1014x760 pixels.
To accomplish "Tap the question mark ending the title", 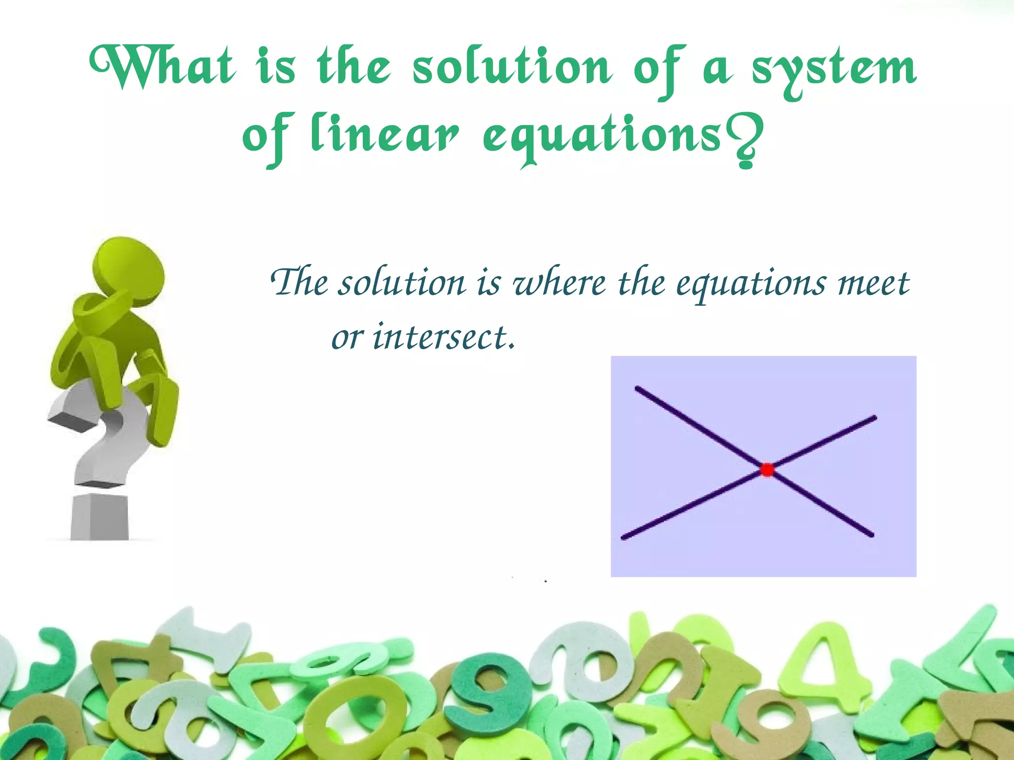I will click(745, 143).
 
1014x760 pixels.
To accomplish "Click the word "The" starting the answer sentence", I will click(300, 283).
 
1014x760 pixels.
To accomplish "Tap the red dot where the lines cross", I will click(767, 470).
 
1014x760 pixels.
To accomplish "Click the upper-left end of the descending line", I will click(637, 388).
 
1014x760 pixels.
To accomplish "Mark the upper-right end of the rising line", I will click(874, 418).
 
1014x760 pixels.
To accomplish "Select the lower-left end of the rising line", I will click(623, 538).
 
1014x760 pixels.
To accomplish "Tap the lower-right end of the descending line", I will click(872, 535).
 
